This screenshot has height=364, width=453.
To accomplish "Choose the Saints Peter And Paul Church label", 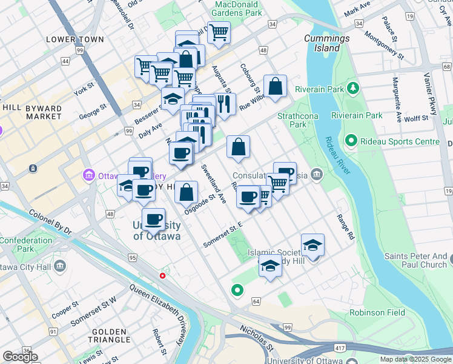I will click(x=415, y=261).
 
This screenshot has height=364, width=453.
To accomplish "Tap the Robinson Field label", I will click(x=377, y=313).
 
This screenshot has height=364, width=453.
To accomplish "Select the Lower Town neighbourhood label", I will click(x=74, y=39).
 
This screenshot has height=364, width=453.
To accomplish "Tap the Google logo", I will click(x=20, y=357).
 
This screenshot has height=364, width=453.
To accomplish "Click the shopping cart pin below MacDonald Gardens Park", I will click(x=219, y=32).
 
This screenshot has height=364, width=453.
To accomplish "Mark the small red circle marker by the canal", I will click(x=162, y=275).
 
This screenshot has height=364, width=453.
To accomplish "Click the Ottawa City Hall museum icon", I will click(x=60, y=266).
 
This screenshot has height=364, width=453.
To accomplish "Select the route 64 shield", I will click(x=256, y=301).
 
